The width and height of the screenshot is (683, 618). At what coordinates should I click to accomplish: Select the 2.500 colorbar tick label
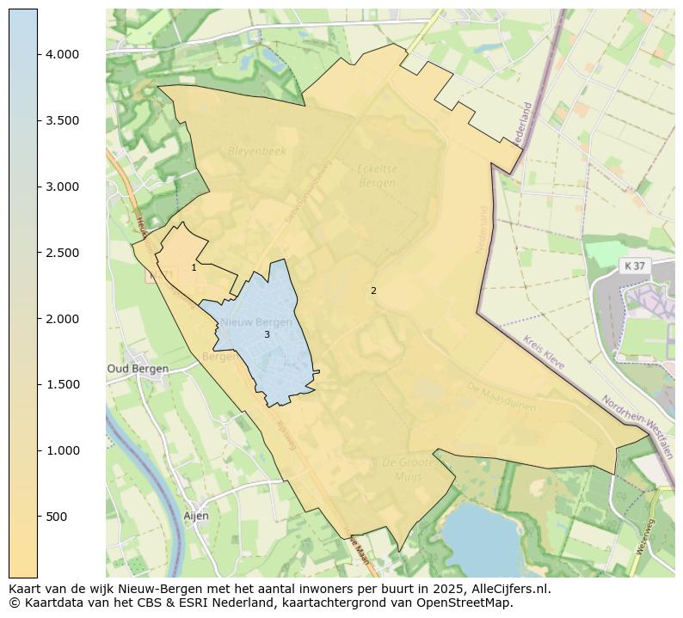pyautogui.click(x=62, y=253)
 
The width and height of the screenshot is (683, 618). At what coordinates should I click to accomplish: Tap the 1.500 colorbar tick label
pyautogui.click(x=62, y=384)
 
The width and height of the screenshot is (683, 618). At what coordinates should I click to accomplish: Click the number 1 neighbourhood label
pyautogui.click(x=194, y=267)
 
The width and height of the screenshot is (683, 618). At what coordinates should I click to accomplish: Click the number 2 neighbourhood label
pyautogui.click(x=373, y=291)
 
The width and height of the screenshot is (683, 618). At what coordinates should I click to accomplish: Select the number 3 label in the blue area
pyautogui.click(x=267, y=334)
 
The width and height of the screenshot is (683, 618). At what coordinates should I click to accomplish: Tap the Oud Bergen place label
pyautogui.click(x=138, y=369)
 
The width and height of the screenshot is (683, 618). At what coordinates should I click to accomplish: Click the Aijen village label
pyautogui.click(x=196, y=516)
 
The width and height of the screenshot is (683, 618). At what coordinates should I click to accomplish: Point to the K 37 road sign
pyautogui.click(x=634, y=266)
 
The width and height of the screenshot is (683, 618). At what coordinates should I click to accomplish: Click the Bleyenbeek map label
pyautogui.click(x=256, y=150)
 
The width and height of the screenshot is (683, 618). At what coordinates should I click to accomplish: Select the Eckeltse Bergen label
pyautogui.click(x=377, y=175)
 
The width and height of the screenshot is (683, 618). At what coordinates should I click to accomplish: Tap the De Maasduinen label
pyautogui.click(x=501, y=396)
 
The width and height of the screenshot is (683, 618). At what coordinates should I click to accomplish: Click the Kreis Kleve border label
pyautogui.click(x=544, y=352)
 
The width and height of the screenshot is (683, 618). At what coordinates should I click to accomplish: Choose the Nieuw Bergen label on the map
pyautogui.click(x=256, y=321)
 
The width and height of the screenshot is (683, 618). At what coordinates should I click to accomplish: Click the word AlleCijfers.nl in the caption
pyautogui.click(x=505, y=589)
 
